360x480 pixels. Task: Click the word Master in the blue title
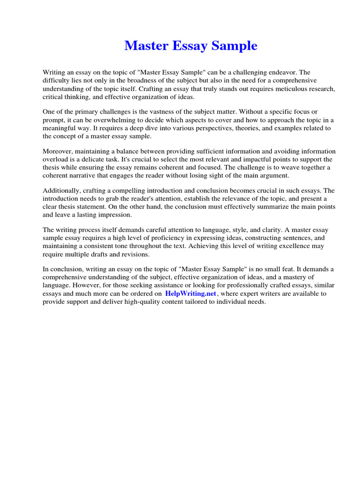pyautogui.click(x=145, y=46)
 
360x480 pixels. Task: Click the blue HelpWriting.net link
pyautogui.click(x=191, y=293)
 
